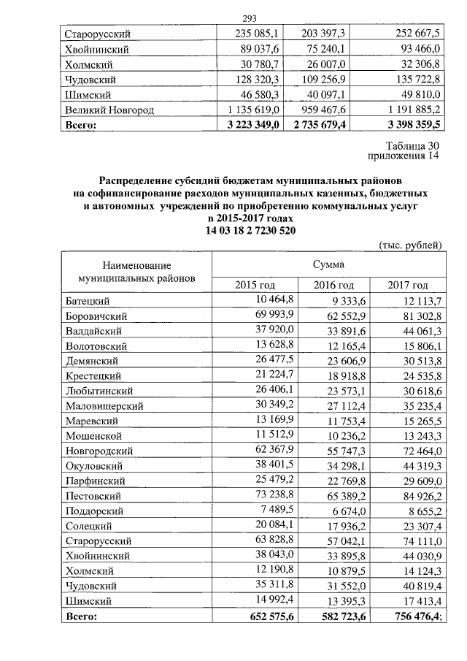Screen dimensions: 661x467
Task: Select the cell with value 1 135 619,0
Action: [249, 110]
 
